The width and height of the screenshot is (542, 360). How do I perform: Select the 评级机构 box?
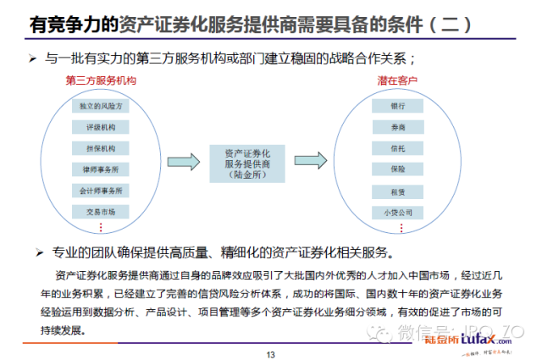[101, 129]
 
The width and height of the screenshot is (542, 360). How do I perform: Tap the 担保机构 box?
[101, 149]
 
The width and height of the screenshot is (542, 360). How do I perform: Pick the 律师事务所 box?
[101, 169]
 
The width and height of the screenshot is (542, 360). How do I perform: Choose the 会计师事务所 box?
[101, 190]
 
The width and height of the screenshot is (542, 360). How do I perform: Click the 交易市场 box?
[101, 211]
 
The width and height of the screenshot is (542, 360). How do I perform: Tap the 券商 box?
[398, 129]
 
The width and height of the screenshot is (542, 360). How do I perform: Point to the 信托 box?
[398, 149]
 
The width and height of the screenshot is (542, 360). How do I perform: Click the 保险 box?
[398, 169]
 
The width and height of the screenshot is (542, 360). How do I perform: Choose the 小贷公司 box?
[398, 211]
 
